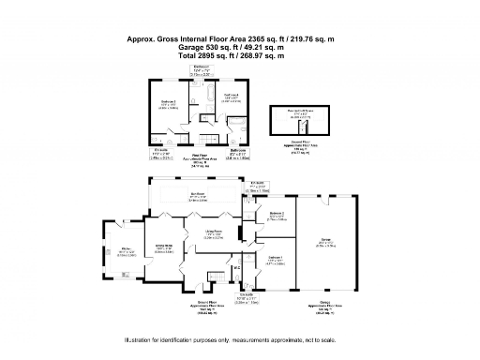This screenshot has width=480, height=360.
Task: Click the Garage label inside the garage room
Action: [325, 242]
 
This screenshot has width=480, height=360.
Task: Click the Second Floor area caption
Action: [301, 143]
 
